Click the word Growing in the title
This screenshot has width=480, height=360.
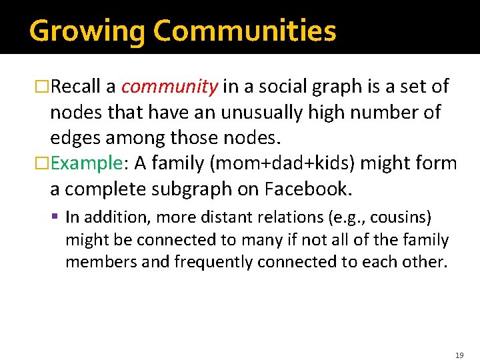pos(87,31)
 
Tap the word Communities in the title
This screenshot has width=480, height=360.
pos(245,31)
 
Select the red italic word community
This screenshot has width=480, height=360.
pos(169,87)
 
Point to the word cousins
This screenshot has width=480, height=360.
pos(399,217)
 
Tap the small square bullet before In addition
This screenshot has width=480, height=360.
pos(58,217)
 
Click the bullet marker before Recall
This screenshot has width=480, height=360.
pos(43,87)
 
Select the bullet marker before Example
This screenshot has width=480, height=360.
pos(43,164)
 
